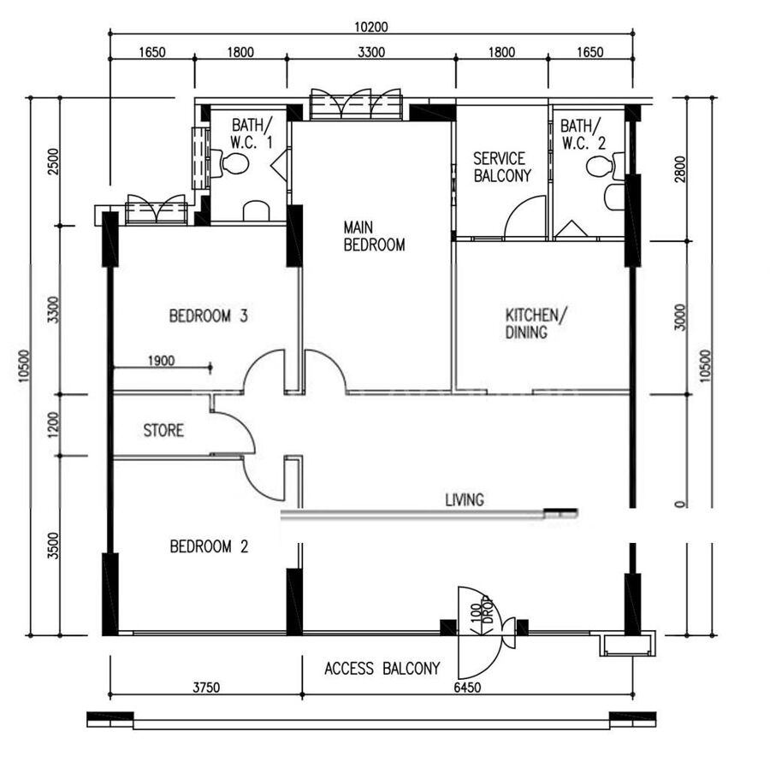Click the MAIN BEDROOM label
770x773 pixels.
(x=374, y=236)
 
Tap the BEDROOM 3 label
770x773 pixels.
(x=208, y=316)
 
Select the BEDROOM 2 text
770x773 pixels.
(x=209, y=546)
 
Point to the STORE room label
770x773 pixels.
(x=163, y=430)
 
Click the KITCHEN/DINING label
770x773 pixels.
(x=536, y=323)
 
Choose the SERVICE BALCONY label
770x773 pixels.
(x=501, y=167)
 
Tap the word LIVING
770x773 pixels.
(x=465, y=500)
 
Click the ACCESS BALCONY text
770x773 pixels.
(x=382, y=669)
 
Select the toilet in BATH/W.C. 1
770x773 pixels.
(x=230, y=163)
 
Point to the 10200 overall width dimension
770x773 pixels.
(x=371, y=27)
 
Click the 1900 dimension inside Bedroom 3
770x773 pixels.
(x=162, y=361)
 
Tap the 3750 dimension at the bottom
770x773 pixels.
(x=206, y=687)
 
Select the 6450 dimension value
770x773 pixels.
(x=467, y=687)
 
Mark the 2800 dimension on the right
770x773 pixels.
(x=680, y=169)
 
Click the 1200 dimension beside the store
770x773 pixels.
(x=53, y=425)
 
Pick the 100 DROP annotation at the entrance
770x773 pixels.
(x=481, y=613)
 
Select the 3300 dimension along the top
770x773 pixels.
(x=371, y=52)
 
